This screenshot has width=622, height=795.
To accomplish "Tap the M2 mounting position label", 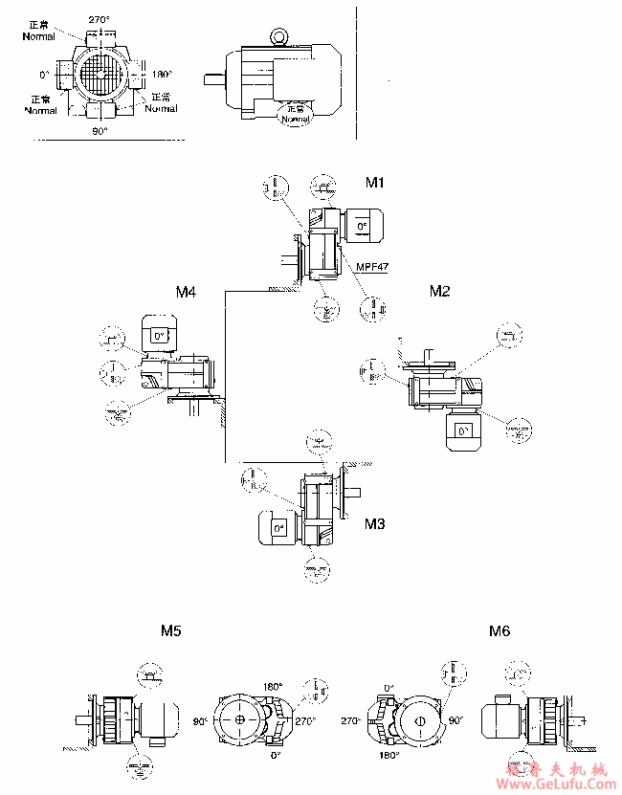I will click(438, 291).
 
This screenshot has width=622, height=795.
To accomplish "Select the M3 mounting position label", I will click(374, 524).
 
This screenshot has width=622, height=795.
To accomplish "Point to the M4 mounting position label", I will click(186, 291).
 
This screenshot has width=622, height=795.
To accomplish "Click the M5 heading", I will click(171, 630).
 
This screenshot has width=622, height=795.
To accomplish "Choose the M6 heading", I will click(499, 630).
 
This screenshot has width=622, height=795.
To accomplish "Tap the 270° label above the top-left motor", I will click(100, 18).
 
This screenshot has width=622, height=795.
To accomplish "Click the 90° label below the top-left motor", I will click(100, 130).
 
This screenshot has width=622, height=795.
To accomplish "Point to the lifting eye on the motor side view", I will click(278, 36).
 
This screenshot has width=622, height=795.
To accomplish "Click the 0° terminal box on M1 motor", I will click(362, 227).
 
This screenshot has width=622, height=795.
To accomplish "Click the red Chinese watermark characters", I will click(556, 769).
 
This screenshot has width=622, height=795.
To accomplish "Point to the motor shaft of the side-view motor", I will click(215, 79).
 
